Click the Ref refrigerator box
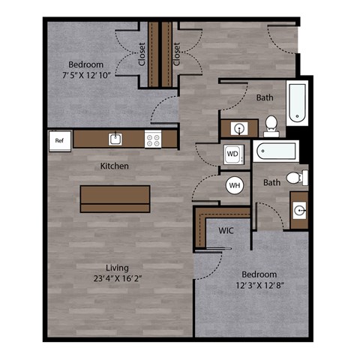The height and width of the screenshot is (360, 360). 59,139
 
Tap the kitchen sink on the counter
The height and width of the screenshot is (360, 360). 115,139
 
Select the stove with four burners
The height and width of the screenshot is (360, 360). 153,139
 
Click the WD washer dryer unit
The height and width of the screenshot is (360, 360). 232,154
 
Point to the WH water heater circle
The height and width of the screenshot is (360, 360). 234,184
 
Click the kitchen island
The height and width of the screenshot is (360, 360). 115,198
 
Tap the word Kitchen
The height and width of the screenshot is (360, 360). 115,166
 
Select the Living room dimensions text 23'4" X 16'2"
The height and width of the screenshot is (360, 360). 117,277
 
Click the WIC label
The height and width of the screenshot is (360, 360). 226,230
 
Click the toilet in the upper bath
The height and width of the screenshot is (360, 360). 271,124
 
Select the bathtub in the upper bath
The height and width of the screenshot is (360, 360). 298,103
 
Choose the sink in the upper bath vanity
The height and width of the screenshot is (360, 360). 239,127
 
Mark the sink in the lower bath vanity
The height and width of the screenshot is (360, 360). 299,210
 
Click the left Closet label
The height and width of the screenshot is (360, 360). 142,54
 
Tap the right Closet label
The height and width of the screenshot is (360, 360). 177,54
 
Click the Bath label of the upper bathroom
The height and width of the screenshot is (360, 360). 264,97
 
